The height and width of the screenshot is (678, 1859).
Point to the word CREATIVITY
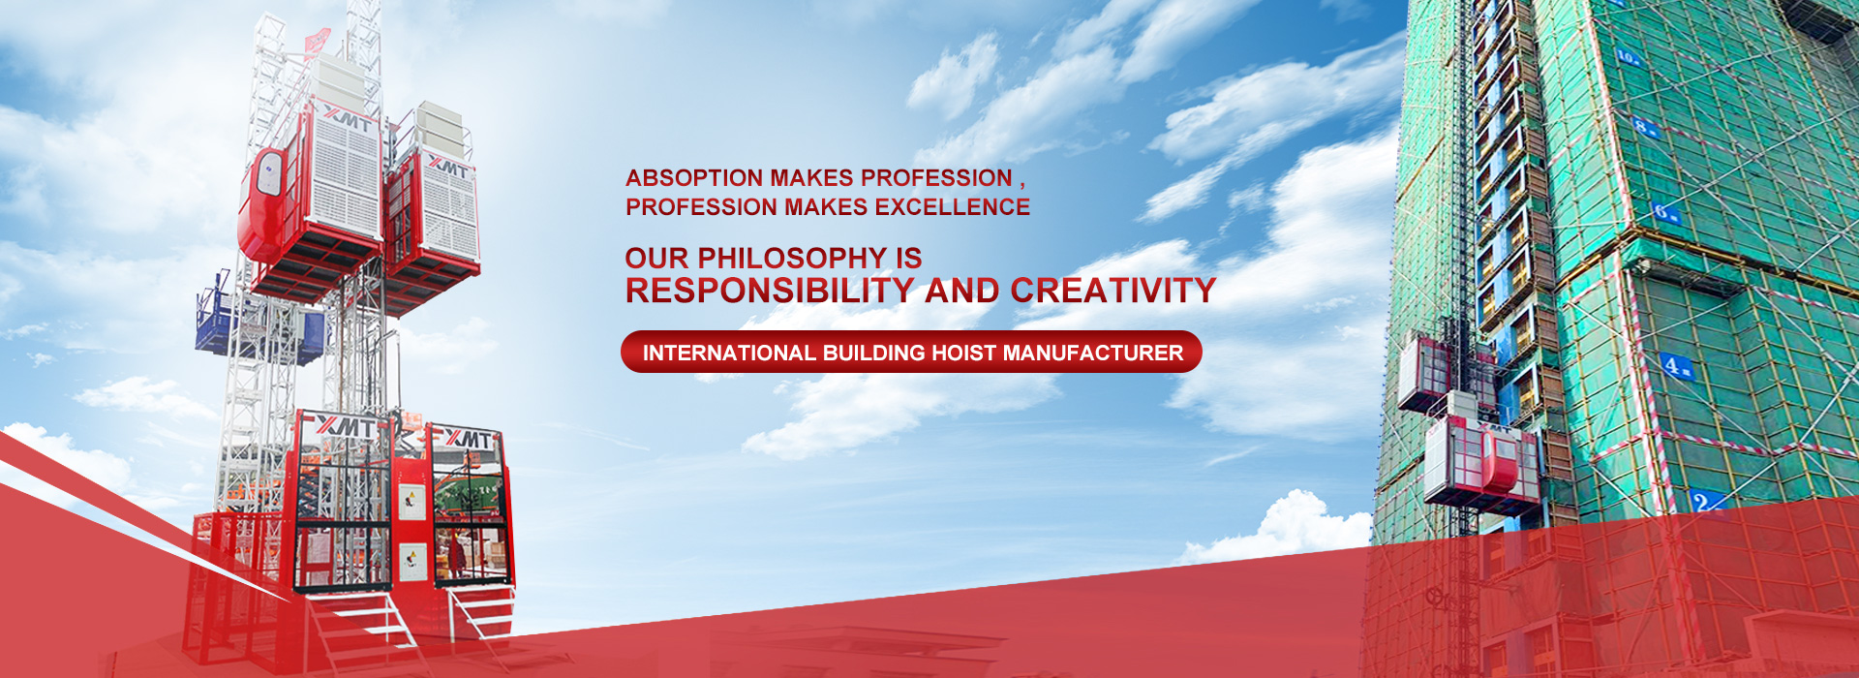[1113, 291]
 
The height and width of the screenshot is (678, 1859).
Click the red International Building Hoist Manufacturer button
[911, 352]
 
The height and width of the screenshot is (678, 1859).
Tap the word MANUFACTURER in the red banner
[1093, 353]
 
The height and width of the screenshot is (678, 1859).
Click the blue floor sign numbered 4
[1675, 366]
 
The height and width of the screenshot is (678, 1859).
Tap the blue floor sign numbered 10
[1628, 57]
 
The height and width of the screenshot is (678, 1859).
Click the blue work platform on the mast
[259, 324]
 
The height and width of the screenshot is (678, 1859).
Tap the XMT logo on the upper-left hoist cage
[348, 120]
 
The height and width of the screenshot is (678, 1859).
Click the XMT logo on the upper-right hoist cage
[447, 168]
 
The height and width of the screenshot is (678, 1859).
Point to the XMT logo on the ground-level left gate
[346, 425]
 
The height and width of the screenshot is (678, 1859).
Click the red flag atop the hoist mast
[318, 43]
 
